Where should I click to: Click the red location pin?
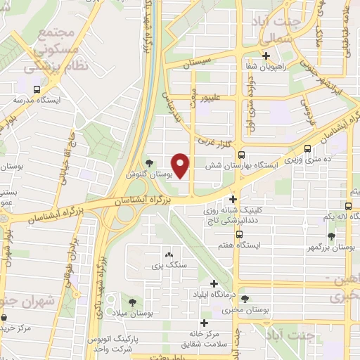pyautogui.click(x=181, y=165)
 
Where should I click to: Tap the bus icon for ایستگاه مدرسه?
pyautogui.click(x=37, y=89)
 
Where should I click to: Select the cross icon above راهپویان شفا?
pyautogui.click(x=266, y=56)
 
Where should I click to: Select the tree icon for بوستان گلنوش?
pyautogui.click(x=148, y=163)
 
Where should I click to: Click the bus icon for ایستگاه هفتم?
pyautogui.click(x=240, y=234)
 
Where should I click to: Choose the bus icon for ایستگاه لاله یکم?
pyautogui.click(x=349, y=206)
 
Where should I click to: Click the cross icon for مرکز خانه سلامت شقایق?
pyautogui.click(x=204, y=323)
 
